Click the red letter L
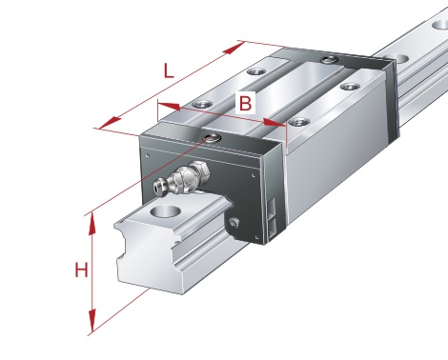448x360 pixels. pos(169,71)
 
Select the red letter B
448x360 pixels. pos(245,103)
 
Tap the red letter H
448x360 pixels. pos(81,270)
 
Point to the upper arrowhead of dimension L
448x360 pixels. pos(234,48)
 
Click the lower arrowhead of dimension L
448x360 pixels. pos(110,124)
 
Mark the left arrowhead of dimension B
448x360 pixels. pos(169,107)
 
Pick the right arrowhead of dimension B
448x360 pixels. pos(275,122)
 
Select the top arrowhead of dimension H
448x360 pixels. pos(92,224)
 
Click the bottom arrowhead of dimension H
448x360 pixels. pos(92,321)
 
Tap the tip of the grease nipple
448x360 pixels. pos(158,187)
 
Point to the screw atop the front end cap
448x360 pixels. pos(213,138)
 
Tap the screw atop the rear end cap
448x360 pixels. pos(330,59)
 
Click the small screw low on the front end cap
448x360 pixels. pos(234,223)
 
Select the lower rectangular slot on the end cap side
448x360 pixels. pos(272,230)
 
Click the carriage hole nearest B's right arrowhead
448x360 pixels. pos(299,122)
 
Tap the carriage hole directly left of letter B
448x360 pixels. pos(202,104)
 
